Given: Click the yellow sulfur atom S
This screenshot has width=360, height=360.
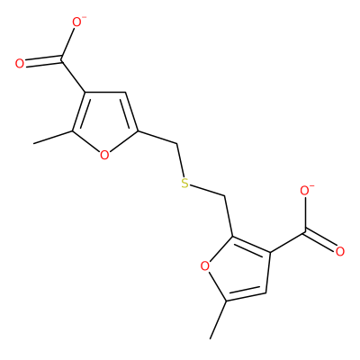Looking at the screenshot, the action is click(185, 184).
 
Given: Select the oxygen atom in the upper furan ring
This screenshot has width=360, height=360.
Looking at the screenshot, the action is click(104, 155).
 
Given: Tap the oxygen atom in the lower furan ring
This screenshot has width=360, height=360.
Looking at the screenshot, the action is click(204, 265).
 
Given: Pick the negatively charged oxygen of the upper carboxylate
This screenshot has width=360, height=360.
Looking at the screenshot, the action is click(77, 22).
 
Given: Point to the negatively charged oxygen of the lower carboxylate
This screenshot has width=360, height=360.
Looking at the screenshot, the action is click(305, 192).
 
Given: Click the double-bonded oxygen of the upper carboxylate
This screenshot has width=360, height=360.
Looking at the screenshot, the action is click(20, 64).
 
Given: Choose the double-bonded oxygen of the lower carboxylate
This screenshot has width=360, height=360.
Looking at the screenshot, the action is click(340, 252).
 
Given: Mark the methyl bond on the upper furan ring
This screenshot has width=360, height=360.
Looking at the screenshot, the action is click(53, 138).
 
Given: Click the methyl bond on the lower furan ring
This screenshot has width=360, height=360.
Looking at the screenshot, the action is click(218, 319).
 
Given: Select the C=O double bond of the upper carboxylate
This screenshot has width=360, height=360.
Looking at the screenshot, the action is click(44, 60).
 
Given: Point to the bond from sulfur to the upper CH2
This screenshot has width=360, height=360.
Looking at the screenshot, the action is click(181, 160).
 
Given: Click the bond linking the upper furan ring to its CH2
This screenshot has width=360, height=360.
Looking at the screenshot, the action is click(157, 138).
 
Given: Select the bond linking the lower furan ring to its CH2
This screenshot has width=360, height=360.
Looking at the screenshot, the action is click(229, 216).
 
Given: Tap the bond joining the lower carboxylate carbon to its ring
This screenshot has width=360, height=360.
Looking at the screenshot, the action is click(288, 242).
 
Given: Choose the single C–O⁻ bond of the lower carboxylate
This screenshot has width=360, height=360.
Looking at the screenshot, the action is click(305, 214).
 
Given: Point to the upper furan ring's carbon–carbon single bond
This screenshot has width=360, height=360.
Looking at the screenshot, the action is click(105, 92).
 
